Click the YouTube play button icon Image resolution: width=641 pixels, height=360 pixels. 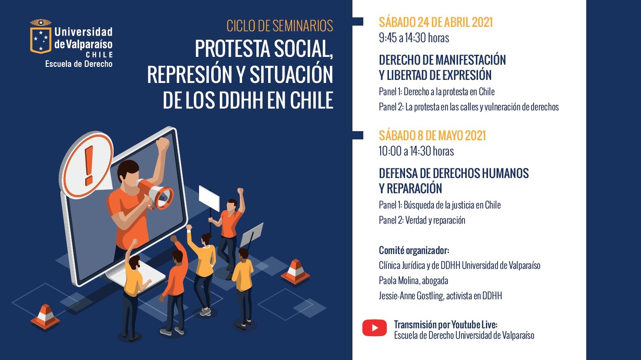click(374, 328)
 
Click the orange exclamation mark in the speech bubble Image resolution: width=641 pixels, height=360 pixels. click(89, 165)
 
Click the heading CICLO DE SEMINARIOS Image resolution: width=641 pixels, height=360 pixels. click(279, 26)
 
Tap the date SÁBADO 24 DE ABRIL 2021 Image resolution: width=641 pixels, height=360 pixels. click(435, 22)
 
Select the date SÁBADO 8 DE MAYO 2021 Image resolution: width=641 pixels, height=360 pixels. click(432, 135)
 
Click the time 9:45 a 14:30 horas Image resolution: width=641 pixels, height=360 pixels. click(414, 38)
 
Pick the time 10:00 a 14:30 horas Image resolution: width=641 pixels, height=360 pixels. click(416, 151)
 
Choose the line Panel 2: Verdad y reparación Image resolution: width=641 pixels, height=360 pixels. click(422, 220)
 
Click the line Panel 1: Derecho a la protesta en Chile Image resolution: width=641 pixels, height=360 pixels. click(437, 92)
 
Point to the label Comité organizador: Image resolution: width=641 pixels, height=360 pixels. click(414, 251)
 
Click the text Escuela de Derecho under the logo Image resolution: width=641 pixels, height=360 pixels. click(79, 64)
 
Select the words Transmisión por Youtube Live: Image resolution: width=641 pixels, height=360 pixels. click(445, 324)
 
